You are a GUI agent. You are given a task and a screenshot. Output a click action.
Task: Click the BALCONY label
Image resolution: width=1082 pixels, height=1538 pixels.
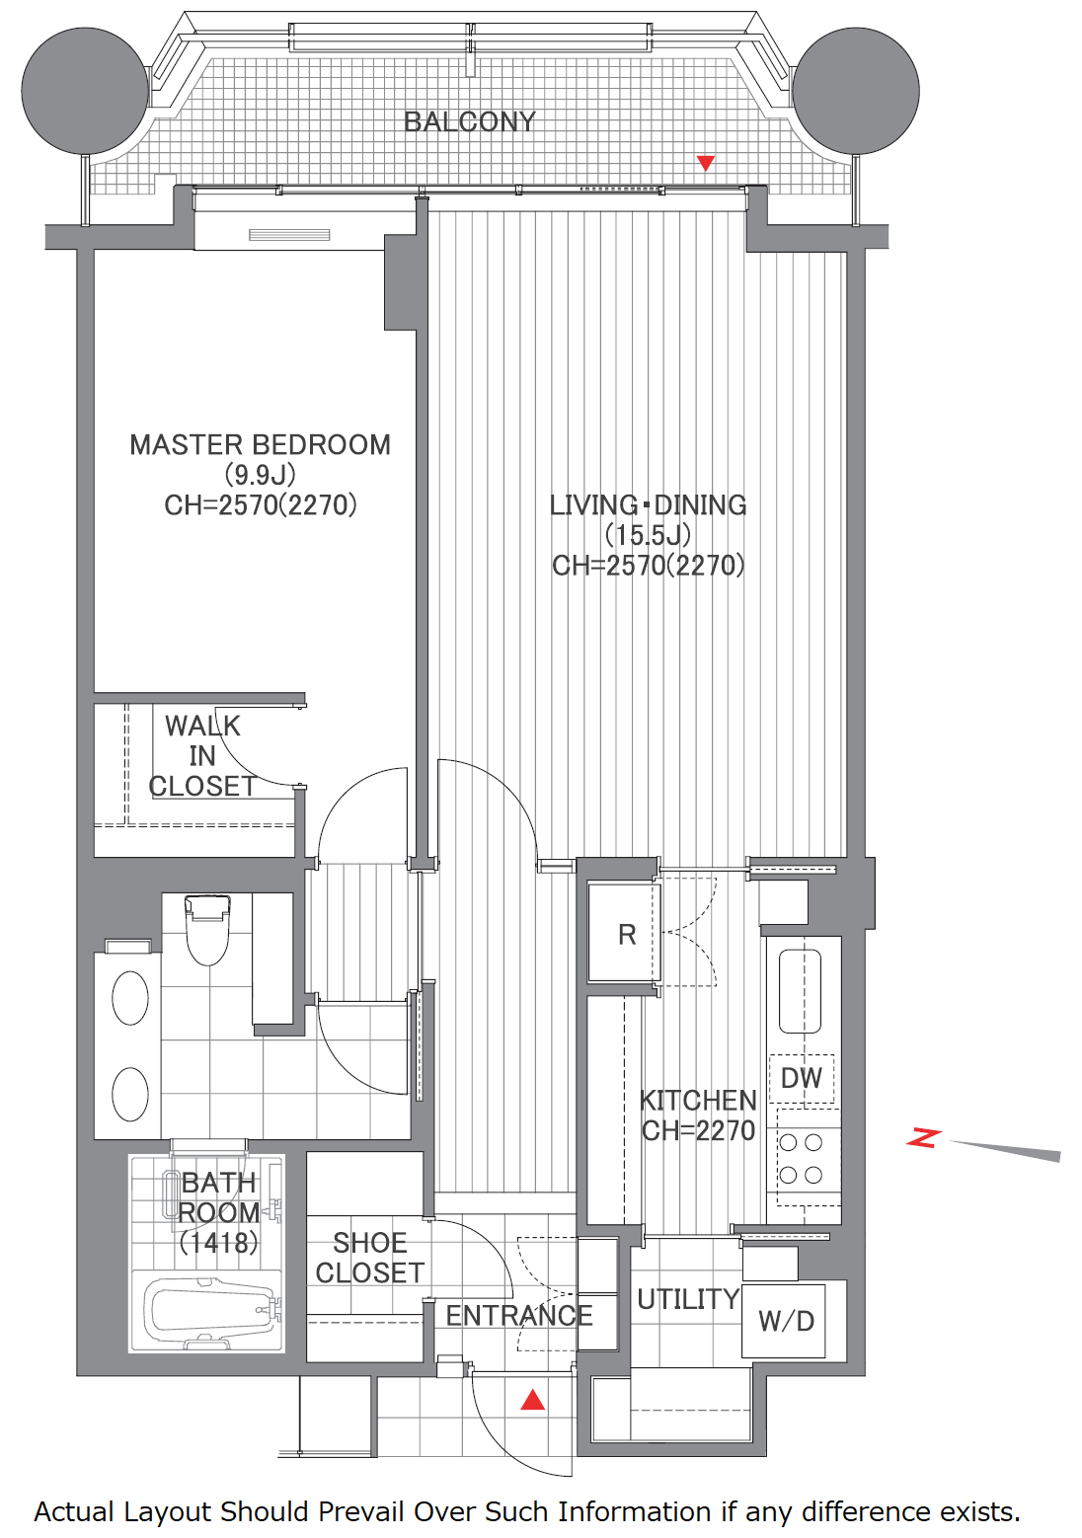[470, 121]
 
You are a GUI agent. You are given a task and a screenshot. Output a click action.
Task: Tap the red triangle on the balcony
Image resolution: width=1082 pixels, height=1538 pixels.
[706, 163]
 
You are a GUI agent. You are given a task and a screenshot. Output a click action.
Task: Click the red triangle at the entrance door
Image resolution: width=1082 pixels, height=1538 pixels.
[533, 1400]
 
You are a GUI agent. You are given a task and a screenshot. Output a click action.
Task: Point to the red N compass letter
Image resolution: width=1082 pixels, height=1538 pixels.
[922, 1137]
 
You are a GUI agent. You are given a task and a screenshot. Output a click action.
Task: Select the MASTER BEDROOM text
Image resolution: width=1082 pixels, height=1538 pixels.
[261, 445]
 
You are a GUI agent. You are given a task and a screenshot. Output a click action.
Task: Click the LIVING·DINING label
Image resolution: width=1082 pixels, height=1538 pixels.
[648, 505]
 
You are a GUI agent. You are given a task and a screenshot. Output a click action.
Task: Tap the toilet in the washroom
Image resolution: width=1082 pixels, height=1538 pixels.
[207, 929]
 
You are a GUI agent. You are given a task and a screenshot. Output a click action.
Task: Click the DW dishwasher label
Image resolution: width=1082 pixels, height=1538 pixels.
[802, 1078]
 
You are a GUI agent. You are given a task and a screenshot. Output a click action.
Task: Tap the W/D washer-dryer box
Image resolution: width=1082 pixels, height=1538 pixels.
[783, 1321]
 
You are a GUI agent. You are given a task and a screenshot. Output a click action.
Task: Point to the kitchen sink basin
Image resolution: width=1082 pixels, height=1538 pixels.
[800, 991]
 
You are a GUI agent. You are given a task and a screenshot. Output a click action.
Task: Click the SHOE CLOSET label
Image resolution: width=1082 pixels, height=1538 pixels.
[369, 1258]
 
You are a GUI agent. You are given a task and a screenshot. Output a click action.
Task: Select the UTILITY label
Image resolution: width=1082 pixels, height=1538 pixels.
[688, 1299]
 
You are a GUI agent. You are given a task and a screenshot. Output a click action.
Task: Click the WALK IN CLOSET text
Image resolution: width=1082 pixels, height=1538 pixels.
[201, 756]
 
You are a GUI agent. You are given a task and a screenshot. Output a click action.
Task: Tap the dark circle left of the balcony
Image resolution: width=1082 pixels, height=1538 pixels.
[85, 91]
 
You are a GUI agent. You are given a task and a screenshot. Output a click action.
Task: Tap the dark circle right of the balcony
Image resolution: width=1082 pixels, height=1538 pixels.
[856, 91]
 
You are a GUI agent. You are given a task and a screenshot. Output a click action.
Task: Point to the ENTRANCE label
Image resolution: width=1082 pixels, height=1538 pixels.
[519, 1316]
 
